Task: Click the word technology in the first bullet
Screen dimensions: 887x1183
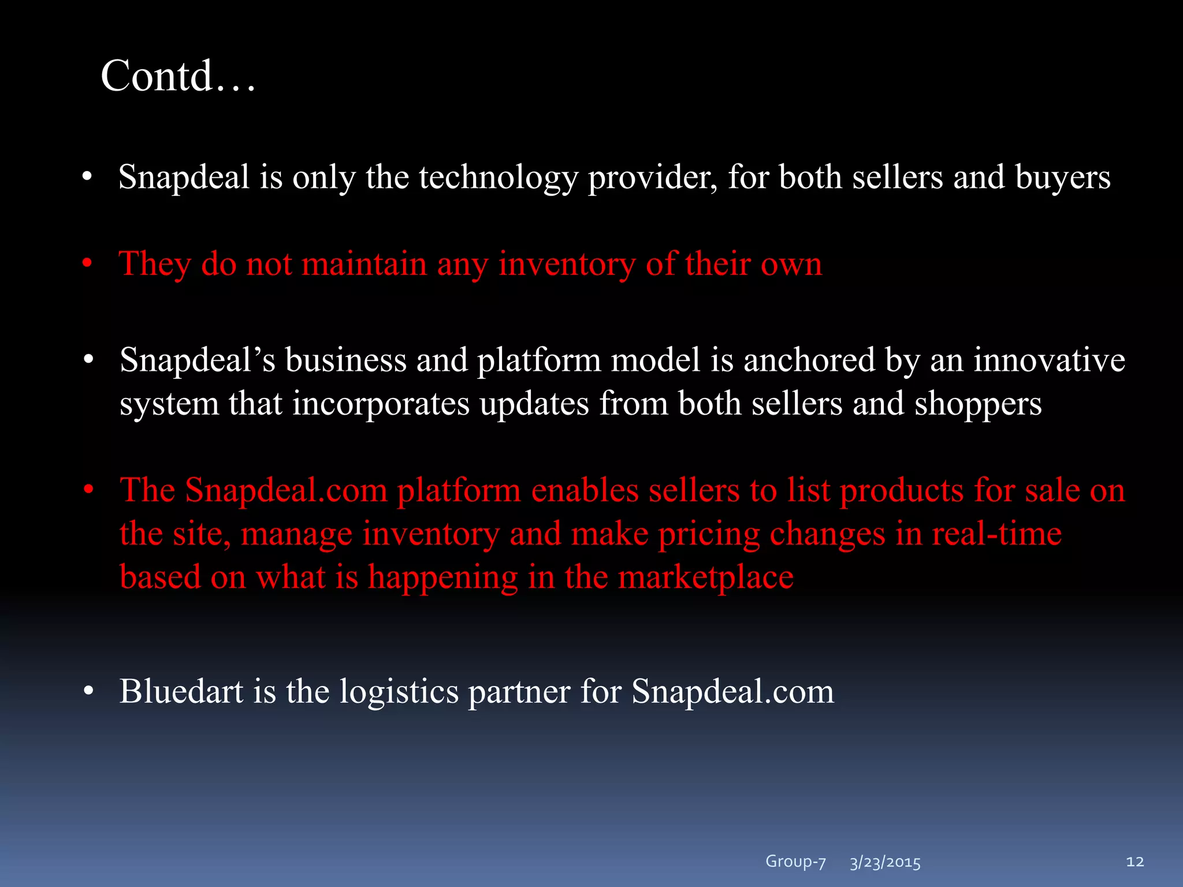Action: pos(498,177)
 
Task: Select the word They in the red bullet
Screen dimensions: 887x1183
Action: pos(155,264)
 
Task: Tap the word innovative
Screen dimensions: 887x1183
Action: pos(1049,360)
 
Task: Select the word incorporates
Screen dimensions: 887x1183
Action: pos(381,404)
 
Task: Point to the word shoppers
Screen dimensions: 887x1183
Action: pos(978,404)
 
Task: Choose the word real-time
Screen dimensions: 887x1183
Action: pos(996,533)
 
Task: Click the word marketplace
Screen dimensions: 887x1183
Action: pos(706,577)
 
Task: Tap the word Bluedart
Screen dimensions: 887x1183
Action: pos(181,691)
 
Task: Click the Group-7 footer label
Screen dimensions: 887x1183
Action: pos(795,862)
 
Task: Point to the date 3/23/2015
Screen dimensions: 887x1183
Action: pos(885,863)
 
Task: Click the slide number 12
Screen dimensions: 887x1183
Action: pos(1134,862)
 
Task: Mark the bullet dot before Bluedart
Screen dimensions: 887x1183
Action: pos(88,691)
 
